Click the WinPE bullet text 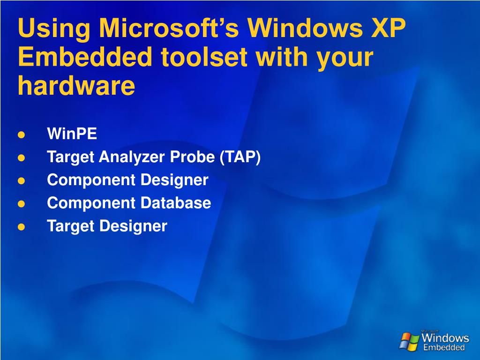point(72,135)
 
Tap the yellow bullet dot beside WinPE point(21,135)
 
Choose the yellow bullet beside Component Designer point(21,181)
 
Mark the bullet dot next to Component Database point(21,204)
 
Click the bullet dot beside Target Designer point(21,227)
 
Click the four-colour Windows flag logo point(409,341)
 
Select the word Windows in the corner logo point(445,338)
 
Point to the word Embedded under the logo point(444,348)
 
